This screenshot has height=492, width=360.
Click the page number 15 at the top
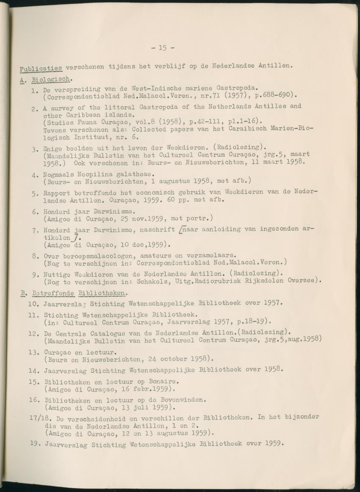tap(163, 48)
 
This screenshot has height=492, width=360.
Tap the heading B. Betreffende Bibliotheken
tap(73, 293)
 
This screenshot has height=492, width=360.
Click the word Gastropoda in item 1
tap(237, 88)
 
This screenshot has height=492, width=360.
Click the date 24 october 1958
tap(173, 360)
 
